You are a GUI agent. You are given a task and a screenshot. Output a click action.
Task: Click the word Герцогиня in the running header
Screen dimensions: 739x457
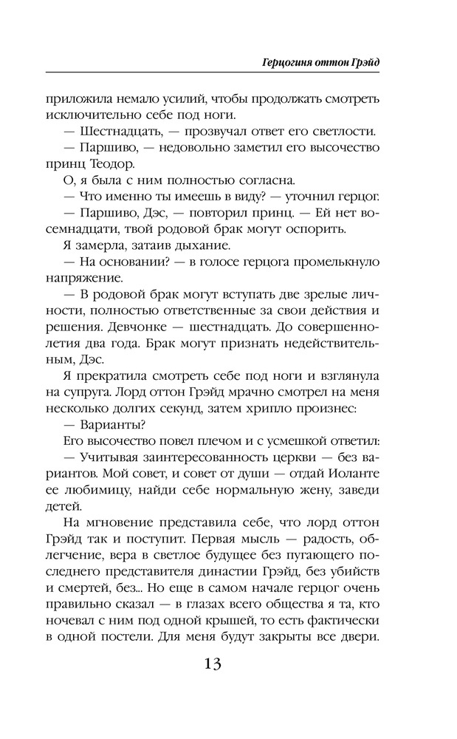pos(292,61)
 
